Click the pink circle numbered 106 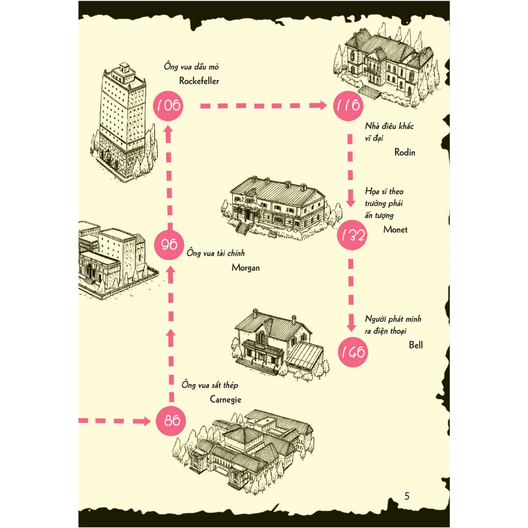pos(168,106)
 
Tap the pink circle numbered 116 pos(348,106)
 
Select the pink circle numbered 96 pos(169,245)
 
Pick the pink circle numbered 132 pos(352,235)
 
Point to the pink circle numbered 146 pos(353,352)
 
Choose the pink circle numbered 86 pos(171,421)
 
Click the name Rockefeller pos(199,81)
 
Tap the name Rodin pos(405,152)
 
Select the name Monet pos(395,229)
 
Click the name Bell pos(416,345)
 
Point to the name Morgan pos(246,268)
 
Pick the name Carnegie pos(226,400)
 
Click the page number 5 pos(407,496)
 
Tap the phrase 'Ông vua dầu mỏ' pos(191,66)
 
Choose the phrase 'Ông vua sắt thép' pos(210,385)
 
